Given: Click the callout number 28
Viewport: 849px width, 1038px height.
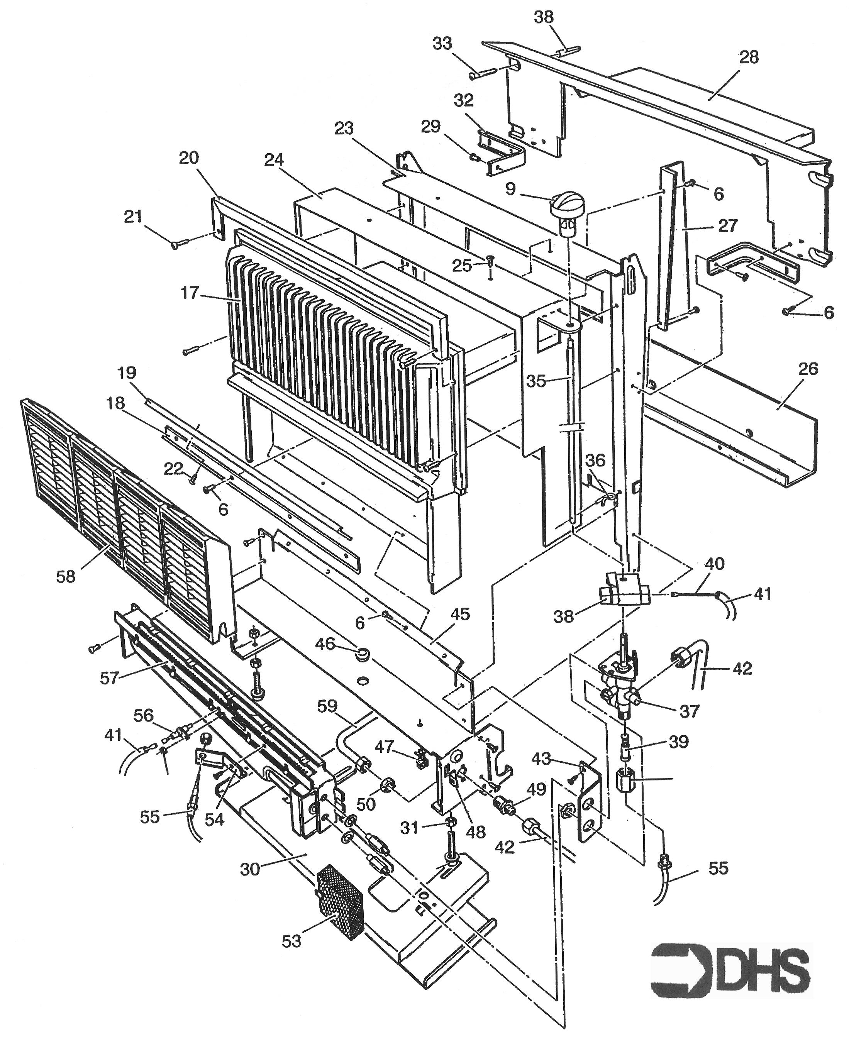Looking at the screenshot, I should pyautogui.click(x=749, y=57).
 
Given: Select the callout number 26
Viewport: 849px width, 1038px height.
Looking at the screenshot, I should pyautogui.click(x=808, y=369).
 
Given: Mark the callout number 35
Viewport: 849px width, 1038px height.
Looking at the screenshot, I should pyautogui.click(x=536, y=381).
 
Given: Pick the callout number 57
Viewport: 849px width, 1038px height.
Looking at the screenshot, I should pyautogui.click(x=110, y=678).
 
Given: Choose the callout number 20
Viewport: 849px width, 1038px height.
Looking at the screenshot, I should pyautogui.click(x=189, y=158).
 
